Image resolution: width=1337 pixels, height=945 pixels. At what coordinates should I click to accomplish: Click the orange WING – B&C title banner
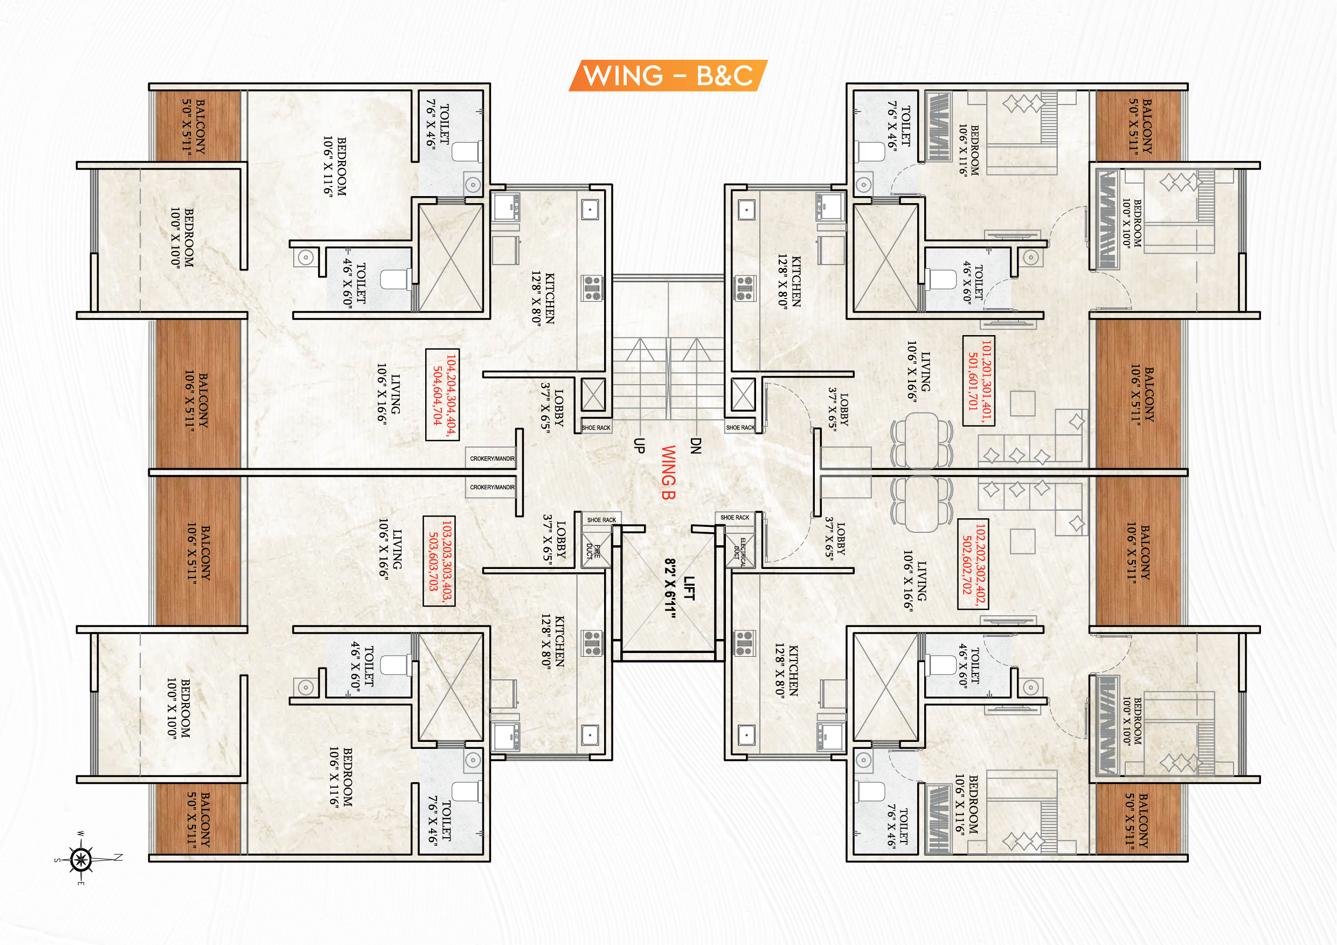pos(668,75)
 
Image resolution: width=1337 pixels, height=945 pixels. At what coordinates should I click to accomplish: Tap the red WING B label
pos(668,472)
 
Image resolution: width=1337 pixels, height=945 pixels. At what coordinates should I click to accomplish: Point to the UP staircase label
pos(639,446)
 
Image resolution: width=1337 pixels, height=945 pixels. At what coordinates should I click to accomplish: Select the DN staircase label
pos(695,446)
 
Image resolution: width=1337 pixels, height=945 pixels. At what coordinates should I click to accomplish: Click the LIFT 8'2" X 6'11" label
pos(680,588)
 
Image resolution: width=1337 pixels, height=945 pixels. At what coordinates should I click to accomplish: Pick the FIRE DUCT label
pos(593,551)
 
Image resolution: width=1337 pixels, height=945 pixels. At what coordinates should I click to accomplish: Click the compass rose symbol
pos(81,859)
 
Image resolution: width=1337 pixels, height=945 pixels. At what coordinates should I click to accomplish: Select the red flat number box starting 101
pos(979,381)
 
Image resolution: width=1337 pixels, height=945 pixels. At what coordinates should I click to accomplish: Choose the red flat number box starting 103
pos(440,561)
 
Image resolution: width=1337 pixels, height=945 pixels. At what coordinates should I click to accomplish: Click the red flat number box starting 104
pos(442,395)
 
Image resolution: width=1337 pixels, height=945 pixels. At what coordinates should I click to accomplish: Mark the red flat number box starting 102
pos(973,564)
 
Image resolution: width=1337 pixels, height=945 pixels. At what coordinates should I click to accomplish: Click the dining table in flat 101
pos(922,440)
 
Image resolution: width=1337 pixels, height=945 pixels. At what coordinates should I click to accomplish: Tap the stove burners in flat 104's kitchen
pos(592,289)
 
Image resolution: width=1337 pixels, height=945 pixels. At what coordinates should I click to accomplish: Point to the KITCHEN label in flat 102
pos(787,670)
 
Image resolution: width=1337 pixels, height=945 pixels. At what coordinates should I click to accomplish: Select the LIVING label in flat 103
pos(390,548)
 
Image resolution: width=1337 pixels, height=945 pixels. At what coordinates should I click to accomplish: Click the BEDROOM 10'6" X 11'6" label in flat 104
pos(335,166)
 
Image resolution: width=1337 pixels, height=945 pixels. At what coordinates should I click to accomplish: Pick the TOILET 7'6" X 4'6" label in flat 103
pos(440,821)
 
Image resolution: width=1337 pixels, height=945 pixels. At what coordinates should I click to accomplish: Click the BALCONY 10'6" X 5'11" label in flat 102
pos(1138,552)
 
